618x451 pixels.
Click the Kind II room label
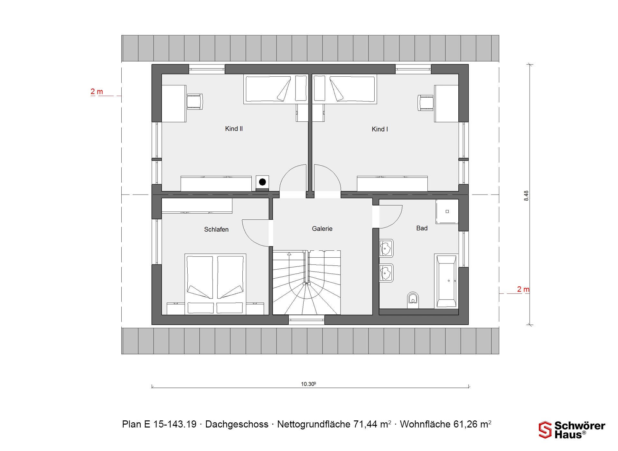pos(234,129)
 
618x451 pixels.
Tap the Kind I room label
pos(380,129)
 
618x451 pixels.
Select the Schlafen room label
pos(216,229)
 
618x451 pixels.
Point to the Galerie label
pos(322,229)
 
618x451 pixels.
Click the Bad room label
pos(422,228)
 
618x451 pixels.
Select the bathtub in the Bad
pos(446,281)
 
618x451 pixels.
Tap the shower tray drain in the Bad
pos(447,212)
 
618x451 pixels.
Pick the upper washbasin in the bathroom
pos(386,248)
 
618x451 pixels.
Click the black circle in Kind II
pos(262,182)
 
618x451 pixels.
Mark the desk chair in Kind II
pos(195,102)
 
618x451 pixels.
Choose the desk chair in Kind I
pos(426,103)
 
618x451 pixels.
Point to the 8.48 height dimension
pos(526,196)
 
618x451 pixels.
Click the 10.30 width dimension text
pos(308,384)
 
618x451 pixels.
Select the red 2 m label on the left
pos(97,91)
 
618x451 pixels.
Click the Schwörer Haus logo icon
pos(545,430)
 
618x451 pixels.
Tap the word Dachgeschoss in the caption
pos(237,424)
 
